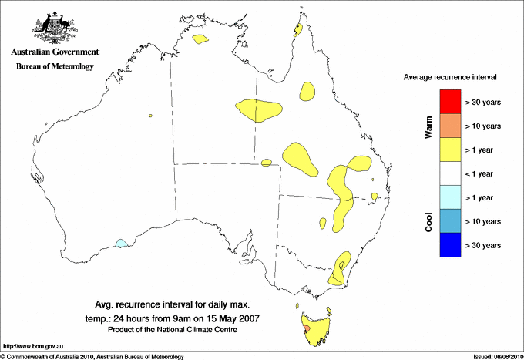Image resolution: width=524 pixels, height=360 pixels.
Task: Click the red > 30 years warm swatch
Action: coord(450,102)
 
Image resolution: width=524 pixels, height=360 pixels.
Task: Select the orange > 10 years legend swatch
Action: coord(450,126)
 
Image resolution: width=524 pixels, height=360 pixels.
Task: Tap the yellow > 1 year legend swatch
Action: coord(450,150)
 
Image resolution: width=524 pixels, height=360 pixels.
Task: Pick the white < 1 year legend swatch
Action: coord(450,173)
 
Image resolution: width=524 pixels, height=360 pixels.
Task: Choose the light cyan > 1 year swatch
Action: coord(450,197)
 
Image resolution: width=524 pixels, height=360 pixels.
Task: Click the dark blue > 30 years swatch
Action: coord(450,245)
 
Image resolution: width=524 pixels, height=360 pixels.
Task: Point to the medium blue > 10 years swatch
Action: coord(450,221)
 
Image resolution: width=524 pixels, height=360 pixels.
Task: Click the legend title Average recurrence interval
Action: coord(450,78)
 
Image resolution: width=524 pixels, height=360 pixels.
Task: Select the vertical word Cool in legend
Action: coord(429,221)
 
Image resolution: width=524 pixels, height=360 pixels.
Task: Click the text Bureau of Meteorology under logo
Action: coord(55,67)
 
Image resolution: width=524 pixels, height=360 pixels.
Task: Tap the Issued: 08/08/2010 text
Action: coord(497,356)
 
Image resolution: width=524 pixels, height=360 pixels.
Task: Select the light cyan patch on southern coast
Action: coord(121,244)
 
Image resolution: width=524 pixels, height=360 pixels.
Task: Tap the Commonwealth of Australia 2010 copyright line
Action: coord(92,356)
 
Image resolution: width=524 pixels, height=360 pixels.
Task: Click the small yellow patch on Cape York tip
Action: coord(297,31)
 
